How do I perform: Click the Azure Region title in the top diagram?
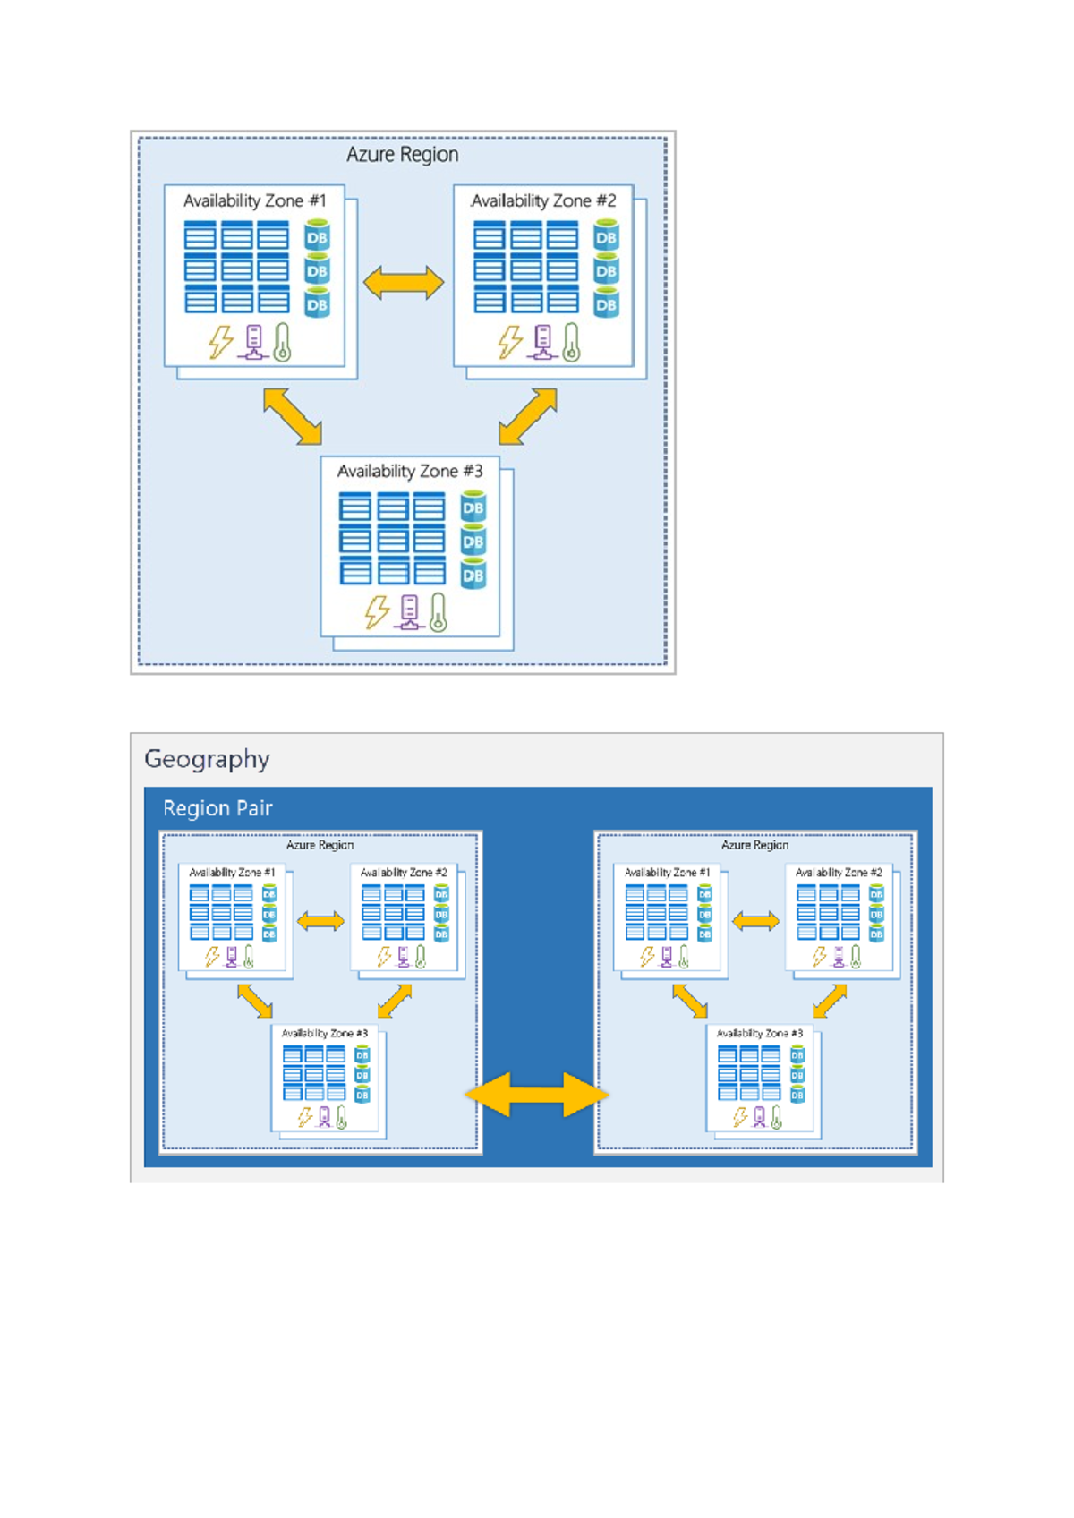402,155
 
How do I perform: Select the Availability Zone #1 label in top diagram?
254,201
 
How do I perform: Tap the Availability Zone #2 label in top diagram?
543,201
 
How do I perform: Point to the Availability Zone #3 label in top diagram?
409,472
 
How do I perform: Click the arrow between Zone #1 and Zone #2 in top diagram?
404,283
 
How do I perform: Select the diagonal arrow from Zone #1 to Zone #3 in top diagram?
293,416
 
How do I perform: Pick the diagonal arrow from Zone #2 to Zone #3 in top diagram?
527,416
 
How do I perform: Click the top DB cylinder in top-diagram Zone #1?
317,236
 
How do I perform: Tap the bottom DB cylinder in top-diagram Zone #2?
606,303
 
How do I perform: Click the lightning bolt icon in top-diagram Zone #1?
220,342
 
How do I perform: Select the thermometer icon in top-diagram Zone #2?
571,343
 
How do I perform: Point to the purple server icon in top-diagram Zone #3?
409,613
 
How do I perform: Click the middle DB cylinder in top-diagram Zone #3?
473,541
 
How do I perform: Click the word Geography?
207,759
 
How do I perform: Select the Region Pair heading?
217,808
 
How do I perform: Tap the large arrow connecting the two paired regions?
537,1095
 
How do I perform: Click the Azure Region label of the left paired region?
320,845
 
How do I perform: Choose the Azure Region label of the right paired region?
754,845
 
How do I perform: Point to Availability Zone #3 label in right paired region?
759,1033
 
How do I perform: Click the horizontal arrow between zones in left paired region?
320,921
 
